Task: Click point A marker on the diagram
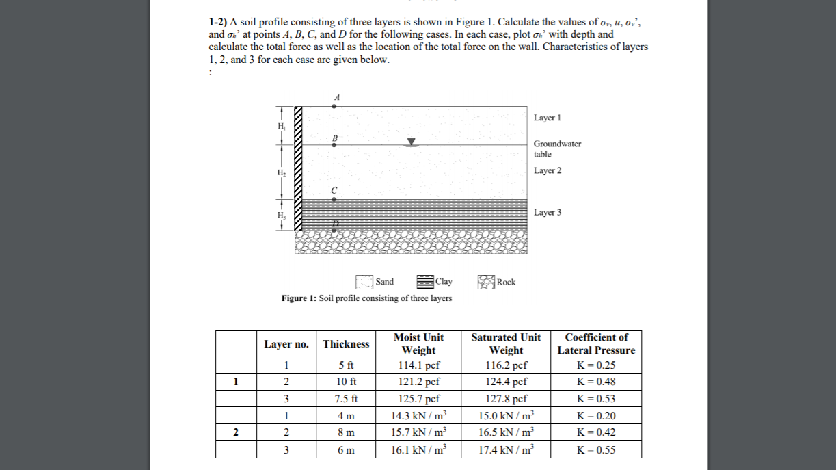click(334, 106)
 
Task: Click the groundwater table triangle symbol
click(411, 142)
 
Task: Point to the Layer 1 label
click(547, 118)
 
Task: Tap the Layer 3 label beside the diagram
click(547, 212)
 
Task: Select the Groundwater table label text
click(557, 148)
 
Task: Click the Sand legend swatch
click(364, 282)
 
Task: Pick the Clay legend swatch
click(425, 282)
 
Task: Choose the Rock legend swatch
click(486, 282)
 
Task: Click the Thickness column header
click(346, 343)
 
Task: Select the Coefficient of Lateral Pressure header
click(596, 343)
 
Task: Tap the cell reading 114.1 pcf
click(418, 365)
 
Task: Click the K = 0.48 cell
click(596, 382)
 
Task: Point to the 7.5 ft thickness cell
click(346, 399)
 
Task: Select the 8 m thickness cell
click(346, 432)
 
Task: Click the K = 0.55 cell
click(596, 449)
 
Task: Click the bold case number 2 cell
click(236, 432)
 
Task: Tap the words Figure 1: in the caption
click(299, 298)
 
